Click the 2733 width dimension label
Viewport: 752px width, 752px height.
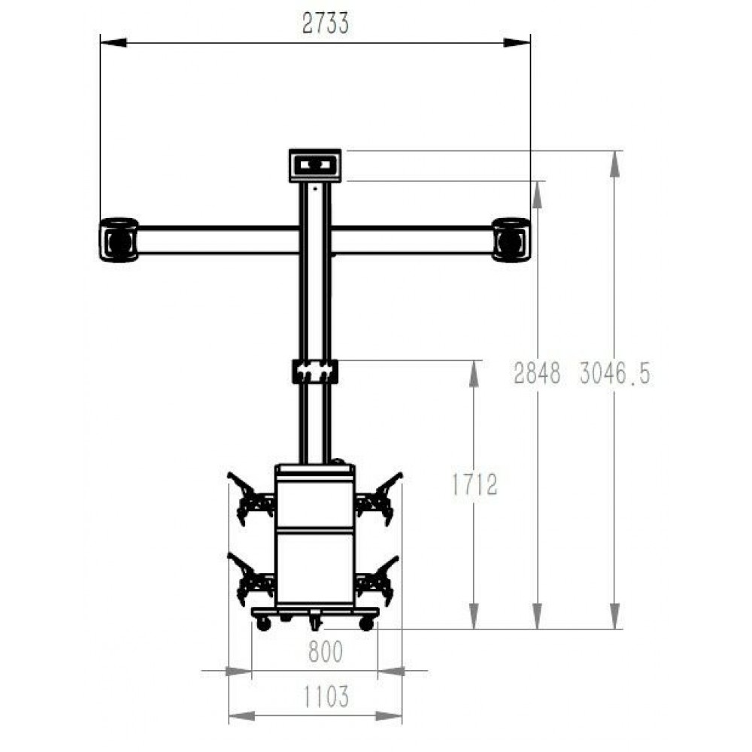(x=325, y=23)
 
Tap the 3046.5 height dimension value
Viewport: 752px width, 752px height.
(x=615, y=373)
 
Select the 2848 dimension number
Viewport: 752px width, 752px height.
(x=537, y=373)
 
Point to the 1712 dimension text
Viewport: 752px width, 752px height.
(x=475, y=484)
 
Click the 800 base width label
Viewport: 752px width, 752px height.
(x=326, y=651)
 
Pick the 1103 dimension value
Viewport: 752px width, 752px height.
(x=326, y=696)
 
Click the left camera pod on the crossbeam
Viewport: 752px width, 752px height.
(x=119, y=240)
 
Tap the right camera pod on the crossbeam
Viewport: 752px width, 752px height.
(x=511, y=240)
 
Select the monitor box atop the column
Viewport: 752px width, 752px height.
(x=315, y=165)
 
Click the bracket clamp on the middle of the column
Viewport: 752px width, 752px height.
(x=315, y=371)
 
